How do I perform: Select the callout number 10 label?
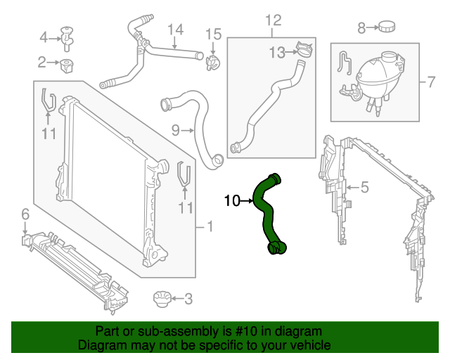(231, 201)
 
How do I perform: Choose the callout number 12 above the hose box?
(273, 20)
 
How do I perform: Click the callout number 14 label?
(175, 30)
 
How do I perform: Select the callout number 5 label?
(364, 187)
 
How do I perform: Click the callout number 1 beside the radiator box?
(208, 226)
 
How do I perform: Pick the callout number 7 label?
(431, 82)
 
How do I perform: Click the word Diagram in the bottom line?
(99, 345)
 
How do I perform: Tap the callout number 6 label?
(25, 214)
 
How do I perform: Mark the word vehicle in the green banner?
(309, 345)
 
